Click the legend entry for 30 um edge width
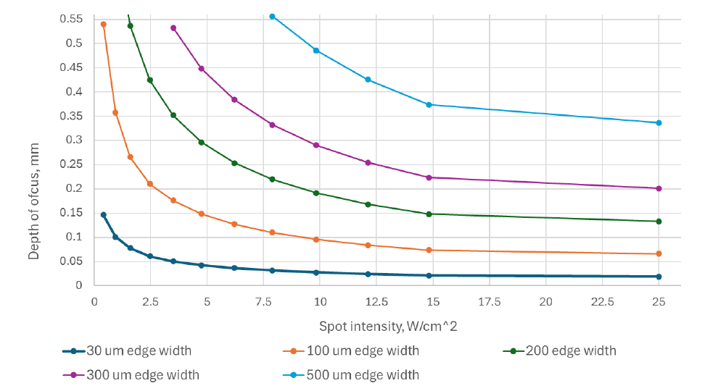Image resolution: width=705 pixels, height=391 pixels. (x=139, y=351)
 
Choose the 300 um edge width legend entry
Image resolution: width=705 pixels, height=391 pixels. (x=142, y=375)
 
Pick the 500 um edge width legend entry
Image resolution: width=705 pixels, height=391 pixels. (x=359, y=375)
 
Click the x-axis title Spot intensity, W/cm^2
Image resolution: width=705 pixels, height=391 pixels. (x=387, y=327)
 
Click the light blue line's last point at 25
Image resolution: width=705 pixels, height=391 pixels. (x=659, y=123)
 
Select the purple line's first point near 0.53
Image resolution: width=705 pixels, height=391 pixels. (x=173, y=28)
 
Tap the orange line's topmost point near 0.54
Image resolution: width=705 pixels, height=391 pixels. (x=103, y=25)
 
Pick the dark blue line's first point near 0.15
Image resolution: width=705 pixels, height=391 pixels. (x=104, y=215)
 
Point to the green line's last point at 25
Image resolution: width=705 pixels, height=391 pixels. (x=659, y=222)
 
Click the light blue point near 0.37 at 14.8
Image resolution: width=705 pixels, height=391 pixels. (x=429, y=105)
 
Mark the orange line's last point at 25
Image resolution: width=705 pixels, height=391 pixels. (x=659, y=254)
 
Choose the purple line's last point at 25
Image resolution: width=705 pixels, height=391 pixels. (x=659, y=189)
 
